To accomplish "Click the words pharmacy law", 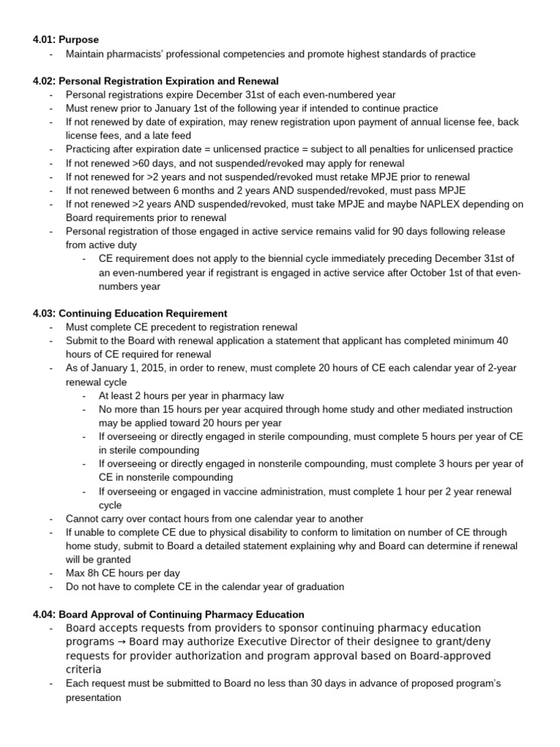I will pyautogui.click(x=252, y=395).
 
